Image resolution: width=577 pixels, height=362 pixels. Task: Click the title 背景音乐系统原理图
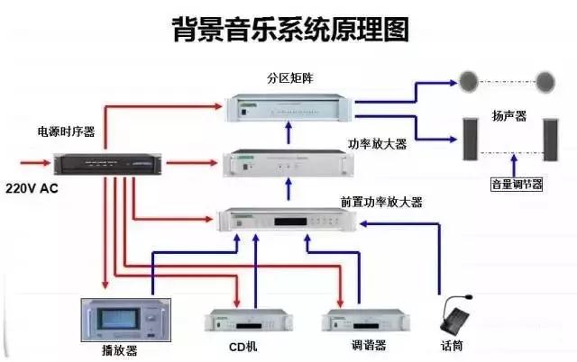tap(289, 28)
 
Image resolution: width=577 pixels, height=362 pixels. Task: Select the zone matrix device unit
tap(288, 106)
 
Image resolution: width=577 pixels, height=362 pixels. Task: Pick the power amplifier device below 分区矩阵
tap(288, 163)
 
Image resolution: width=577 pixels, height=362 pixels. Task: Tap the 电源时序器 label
tap(68, 131)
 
